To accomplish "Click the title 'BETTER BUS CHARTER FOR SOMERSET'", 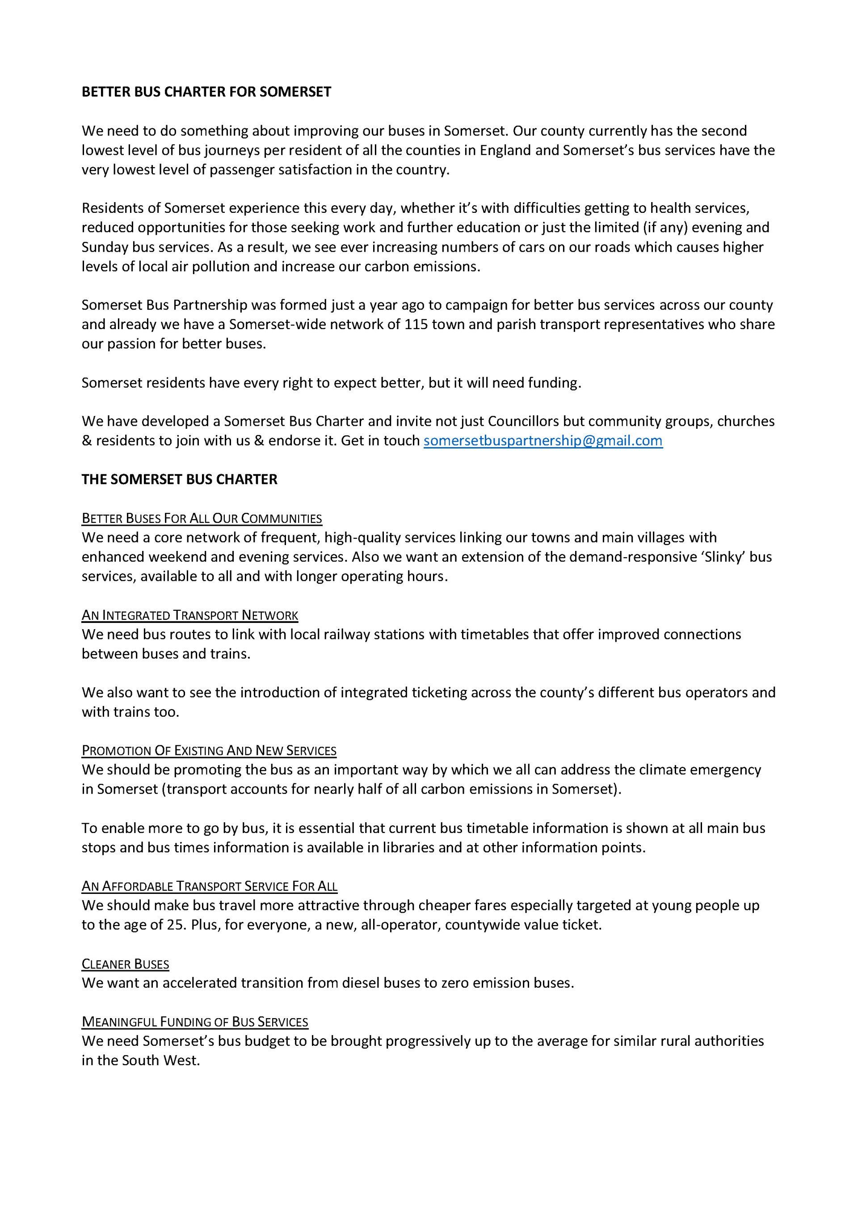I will click(206, 92).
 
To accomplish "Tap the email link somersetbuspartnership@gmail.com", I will click(543, 440).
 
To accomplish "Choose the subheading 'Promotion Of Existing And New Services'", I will click(209, 750).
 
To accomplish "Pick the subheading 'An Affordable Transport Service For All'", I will click(209, 886).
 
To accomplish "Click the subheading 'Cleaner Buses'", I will click(125, 964).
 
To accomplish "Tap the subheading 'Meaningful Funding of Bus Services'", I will click(194, 1022).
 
